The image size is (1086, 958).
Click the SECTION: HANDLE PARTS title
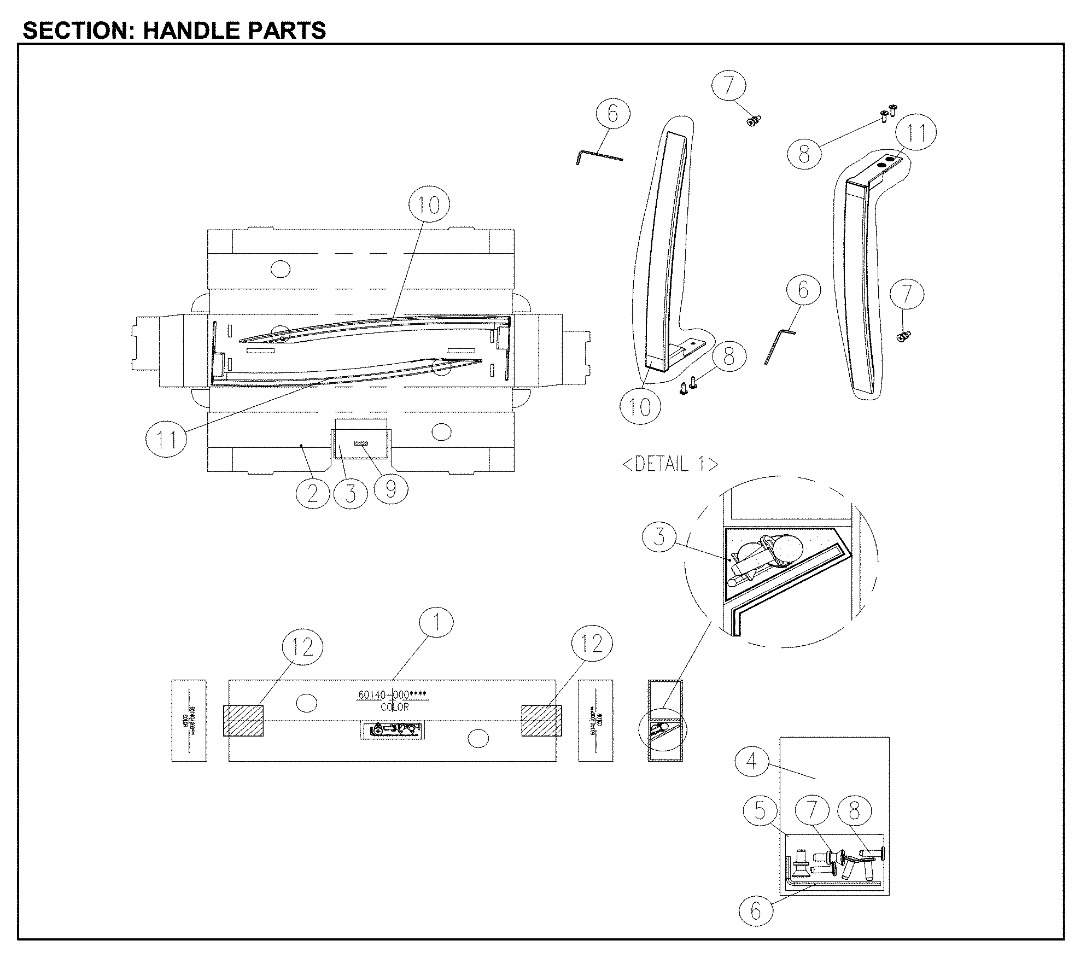(174, 30)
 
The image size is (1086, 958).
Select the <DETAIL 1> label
(670, 464)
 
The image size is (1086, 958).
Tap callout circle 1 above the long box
(436, 622)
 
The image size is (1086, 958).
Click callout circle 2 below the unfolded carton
(312, 494)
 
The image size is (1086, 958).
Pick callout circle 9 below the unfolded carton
(391, 489)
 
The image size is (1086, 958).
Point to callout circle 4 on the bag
(752, 761)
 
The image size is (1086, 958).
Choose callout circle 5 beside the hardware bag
(760, 811)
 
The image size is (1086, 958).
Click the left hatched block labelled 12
(243, 720)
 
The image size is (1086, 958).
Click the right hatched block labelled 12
(541, 720)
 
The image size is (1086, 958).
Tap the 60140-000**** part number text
(392, 695)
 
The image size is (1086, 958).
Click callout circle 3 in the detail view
(659, 536)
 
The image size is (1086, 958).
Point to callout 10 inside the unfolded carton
(429, 205)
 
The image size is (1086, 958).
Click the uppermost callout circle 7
(728, 86)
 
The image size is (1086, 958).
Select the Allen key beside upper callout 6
(598, 156)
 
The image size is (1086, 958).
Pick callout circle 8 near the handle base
(728, 357)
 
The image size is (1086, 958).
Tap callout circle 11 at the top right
(916, 133)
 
